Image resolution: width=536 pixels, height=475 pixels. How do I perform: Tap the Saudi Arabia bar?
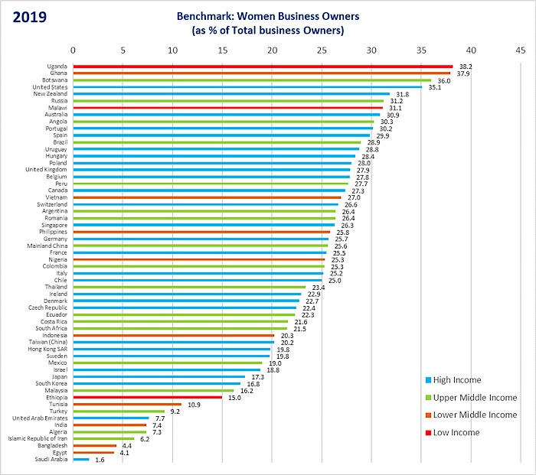pyautogui.click(x=81, y=459)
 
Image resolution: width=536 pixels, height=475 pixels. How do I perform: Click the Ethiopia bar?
pyautogui.click(x=148, y=397)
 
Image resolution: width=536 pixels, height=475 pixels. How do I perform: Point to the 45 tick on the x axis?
pyautogui.click(x=521, y=50)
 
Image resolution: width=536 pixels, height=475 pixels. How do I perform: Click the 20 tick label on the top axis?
pyautogui.click(x=272, y=50)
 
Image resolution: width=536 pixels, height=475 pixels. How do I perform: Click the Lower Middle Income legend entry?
pyautogui.click(x=469, y=415)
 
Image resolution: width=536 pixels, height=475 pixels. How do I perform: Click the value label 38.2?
pyautogui.click(x=466, y=67)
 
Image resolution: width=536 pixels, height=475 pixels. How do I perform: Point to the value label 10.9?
pyautogui.click(x=194, y=404)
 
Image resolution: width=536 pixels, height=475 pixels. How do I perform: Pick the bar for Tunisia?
pyautogui.click(x=127, y=404)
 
